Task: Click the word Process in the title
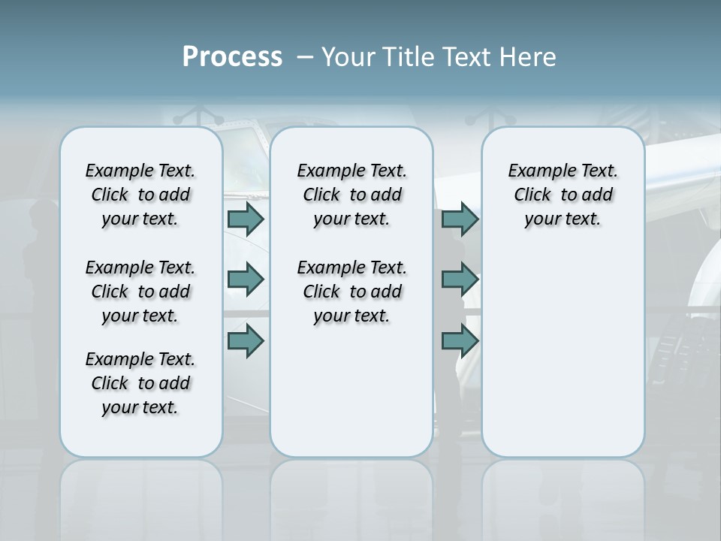[232, 56]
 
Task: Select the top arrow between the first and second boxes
[246, 219]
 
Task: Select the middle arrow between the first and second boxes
[246, 280]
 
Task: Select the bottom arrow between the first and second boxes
[246, 340]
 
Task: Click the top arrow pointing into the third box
[460, 219]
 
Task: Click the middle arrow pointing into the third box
[460, 280]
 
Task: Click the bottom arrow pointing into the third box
[460, 340]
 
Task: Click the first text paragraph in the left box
[140, 195]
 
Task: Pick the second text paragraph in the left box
[140, 292]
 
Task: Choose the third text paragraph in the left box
[140, 383]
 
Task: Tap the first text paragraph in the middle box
[351, 195]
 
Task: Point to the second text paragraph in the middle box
[351, 292]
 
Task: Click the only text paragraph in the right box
[563, 195]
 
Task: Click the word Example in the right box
[536, 171]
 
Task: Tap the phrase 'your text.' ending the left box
[140, 408]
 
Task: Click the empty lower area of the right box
[563, 353]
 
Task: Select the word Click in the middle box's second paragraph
[321, 292]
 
